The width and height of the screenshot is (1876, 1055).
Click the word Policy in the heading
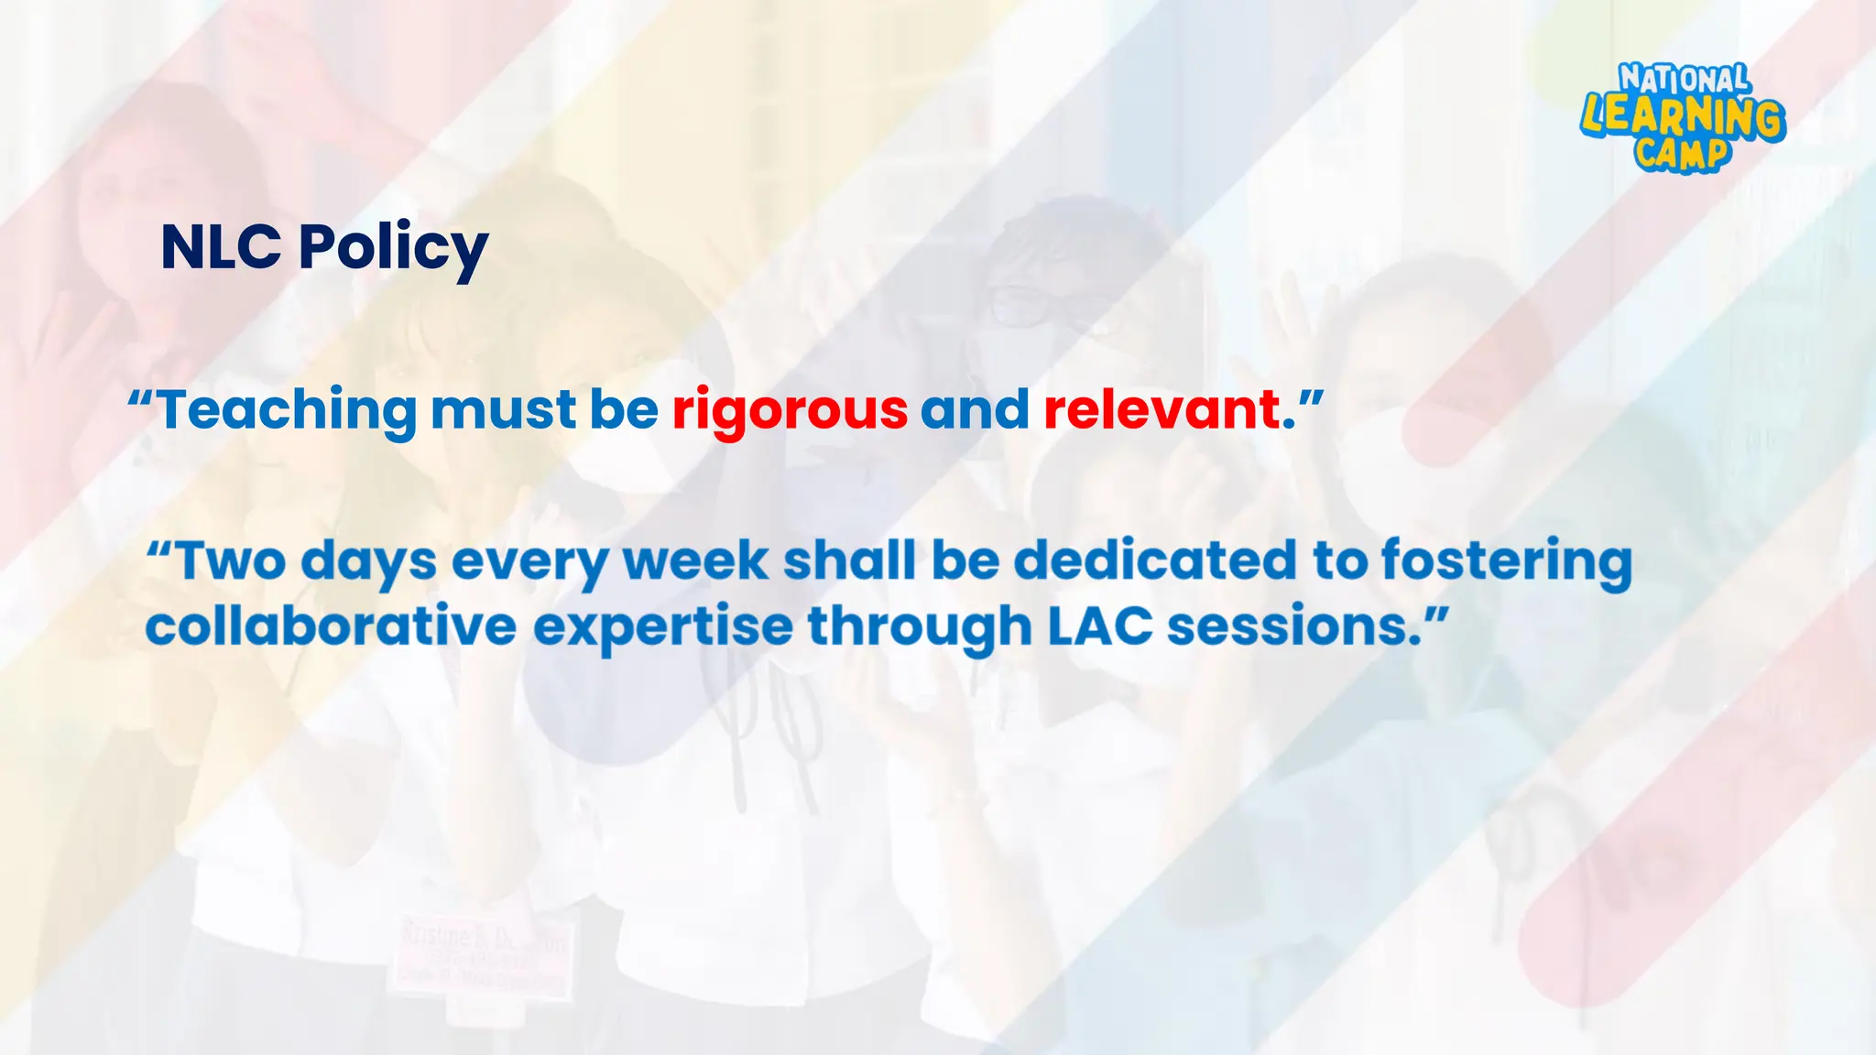click(393, 248)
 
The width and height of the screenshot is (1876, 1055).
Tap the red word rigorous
click(790, 409)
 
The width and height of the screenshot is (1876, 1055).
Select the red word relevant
click(1162, 409)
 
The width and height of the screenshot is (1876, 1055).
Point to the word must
click(503, 409)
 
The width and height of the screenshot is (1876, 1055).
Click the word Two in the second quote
click(230, 560)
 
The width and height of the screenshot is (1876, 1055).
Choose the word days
click(368, 562)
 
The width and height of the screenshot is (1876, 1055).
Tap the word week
click(696, 560)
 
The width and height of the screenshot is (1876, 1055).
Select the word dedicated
click(1156, 560)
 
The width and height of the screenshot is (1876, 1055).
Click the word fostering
click(1507, 562)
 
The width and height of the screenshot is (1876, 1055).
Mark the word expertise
click(663, 628)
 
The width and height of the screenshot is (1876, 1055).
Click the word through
click(920, 628)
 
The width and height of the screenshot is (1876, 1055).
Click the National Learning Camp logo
click(1683, 117)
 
